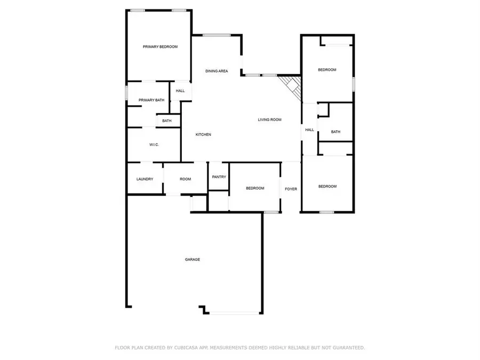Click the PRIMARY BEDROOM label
pos(160,47)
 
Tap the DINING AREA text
pos(217,71)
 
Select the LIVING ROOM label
pos(269,119)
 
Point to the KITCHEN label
pos(203,135)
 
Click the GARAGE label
pos(192,260)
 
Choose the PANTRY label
pos(219,177)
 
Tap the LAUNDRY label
pos(145,179)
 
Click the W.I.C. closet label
pos(154,145)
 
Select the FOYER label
pos(291,189)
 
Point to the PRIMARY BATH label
pos(151,100)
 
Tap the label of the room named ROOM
pos(185,179)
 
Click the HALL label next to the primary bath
pos(180,91)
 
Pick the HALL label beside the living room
pos(309,130)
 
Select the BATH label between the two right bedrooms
pos(335,132)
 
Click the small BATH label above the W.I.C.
pos(167,121)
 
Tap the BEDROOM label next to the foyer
pos(255,188)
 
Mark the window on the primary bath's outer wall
pos(126,92)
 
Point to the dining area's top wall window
pos(217,35)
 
